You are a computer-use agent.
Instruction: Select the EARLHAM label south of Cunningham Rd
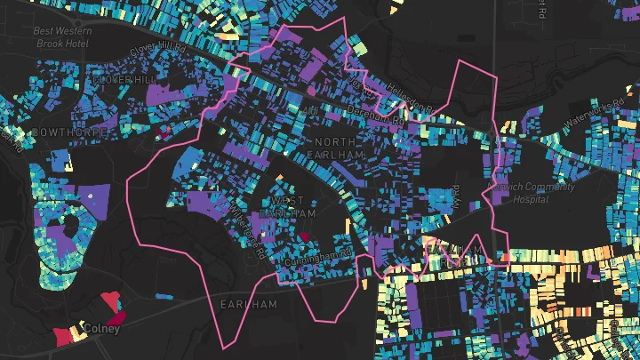point(249,304)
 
